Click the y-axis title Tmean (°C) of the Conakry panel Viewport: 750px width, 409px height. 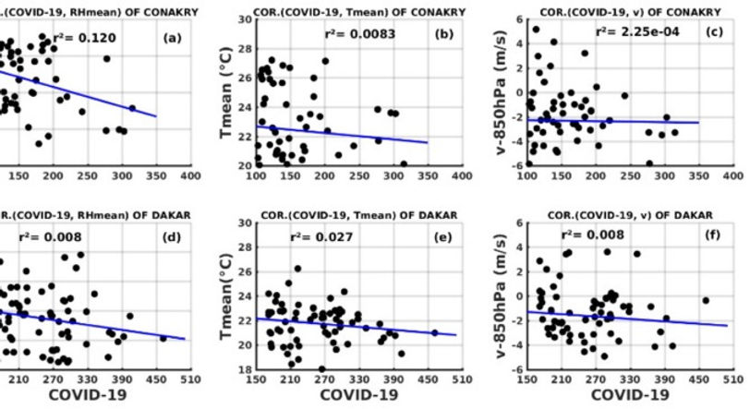[x=224, y=95]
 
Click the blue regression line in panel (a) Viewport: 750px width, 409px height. [x=92, y=93]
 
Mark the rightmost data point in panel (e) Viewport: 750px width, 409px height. [x=434, y=332]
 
